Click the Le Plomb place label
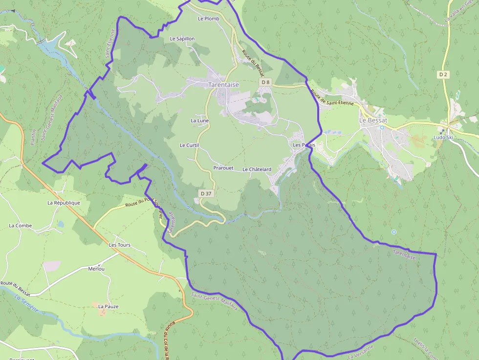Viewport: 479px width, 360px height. [209, 19]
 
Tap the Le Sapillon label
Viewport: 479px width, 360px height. [182, 39]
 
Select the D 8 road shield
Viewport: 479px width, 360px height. [265, 83]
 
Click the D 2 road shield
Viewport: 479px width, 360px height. [443, 74]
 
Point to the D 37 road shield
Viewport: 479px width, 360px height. [206, 193]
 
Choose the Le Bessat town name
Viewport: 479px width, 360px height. [373, 120]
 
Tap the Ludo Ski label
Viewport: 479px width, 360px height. [443, 137]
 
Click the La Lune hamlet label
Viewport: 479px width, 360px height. [200, 121]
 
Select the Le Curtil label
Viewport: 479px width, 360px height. [189, 145]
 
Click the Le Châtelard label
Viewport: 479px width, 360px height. [257, 169]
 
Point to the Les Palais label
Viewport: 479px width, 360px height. [304, 145]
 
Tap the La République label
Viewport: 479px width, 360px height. [64, 203]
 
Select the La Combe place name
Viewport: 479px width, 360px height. [21, 226]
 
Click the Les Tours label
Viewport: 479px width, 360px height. [119, 245]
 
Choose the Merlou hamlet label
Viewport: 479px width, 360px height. [96, 269]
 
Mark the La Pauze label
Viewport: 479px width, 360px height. [108, 306]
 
